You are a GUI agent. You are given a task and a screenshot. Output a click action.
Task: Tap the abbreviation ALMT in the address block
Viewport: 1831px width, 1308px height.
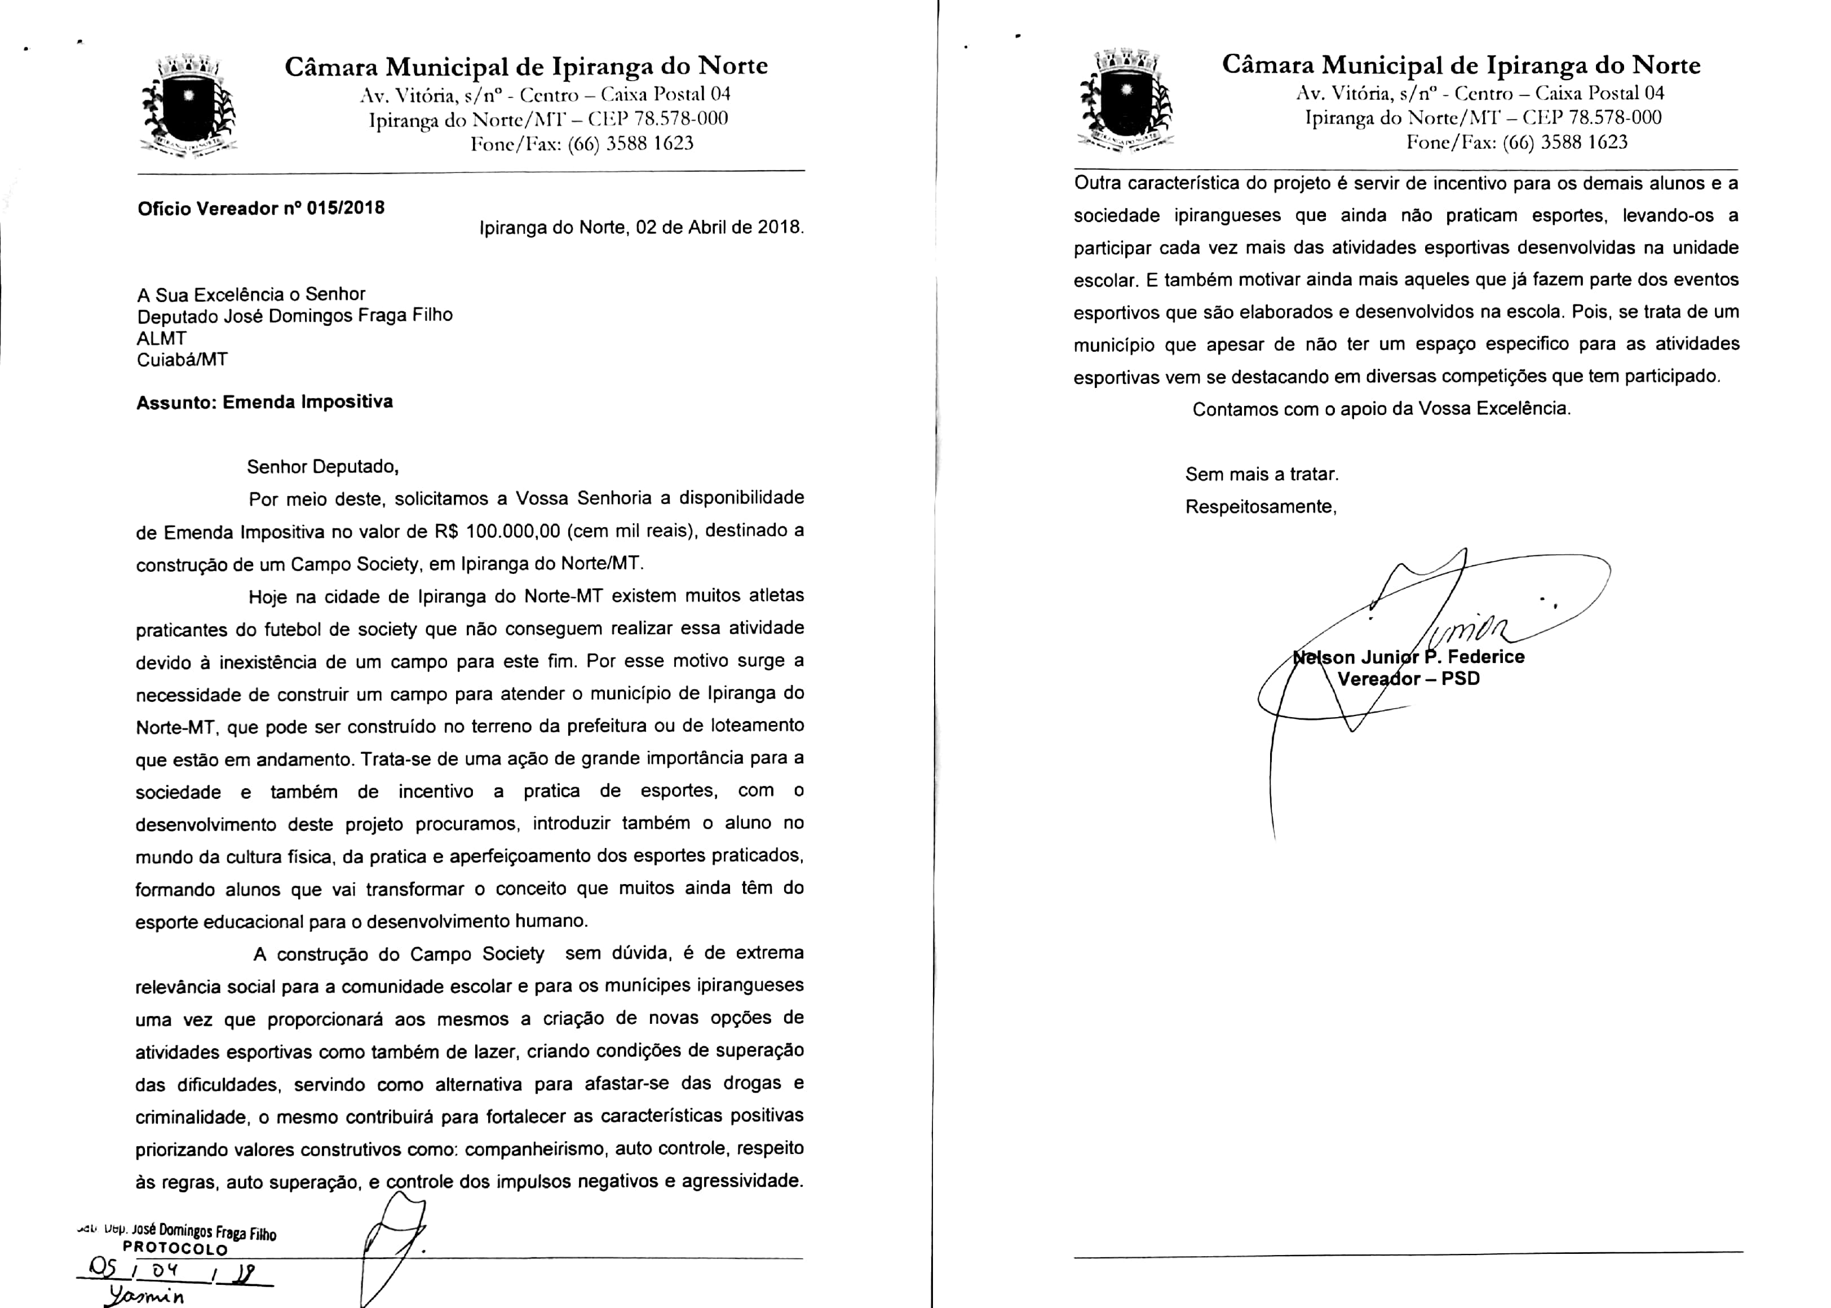[x=162, y=338]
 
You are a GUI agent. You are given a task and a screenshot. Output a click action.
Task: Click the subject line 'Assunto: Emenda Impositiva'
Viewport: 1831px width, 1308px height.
[x=264, y=402]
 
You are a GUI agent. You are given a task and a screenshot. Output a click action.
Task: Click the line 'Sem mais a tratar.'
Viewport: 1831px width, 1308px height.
[x=1262, y=474]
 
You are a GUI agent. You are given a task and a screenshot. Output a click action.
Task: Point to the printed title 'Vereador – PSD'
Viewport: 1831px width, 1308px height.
[x=1408, y=678]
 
